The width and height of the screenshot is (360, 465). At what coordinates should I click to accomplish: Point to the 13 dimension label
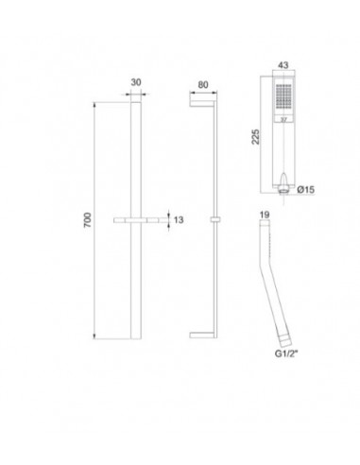175,220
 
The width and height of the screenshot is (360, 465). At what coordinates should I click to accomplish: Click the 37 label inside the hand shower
283,121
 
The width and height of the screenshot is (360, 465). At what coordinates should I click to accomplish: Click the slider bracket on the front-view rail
136,220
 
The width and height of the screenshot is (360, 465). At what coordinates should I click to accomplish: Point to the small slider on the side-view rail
217,220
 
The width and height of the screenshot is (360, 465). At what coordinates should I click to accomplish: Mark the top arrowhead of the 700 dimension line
94,101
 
